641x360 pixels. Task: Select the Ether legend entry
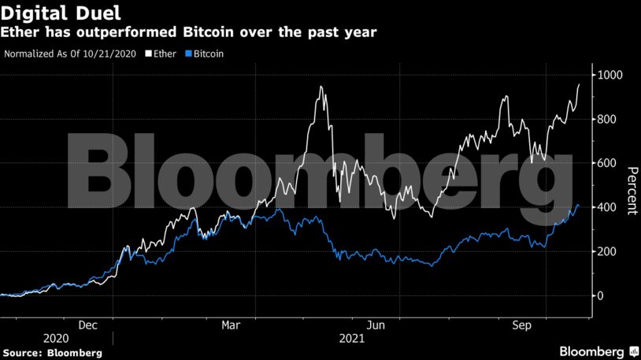click(163, 55)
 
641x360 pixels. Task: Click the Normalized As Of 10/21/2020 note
click(71, 55)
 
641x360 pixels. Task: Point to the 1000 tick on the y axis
click(610, 76)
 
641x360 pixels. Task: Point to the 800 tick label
click(608, 120)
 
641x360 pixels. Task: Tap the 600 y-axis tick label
click(608, 164)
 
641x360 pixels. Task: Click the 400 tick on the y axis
click(608, 208)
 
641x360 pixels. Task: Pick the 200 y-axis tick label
click(608, 252)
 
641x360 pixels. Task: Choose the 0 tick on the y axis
click(602, 296)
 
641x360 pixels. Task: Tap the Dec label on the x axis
click(87, 324)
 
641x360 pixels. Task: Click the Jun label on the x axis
click(377, 324)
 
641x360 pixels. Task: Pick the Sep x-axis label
click(522, 324)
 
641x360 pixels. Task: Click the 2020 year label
click(56, 338)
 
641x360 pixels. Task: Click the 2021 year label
click(351, 338)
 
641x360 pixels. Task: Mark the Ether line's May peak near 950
click(320, 87)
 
